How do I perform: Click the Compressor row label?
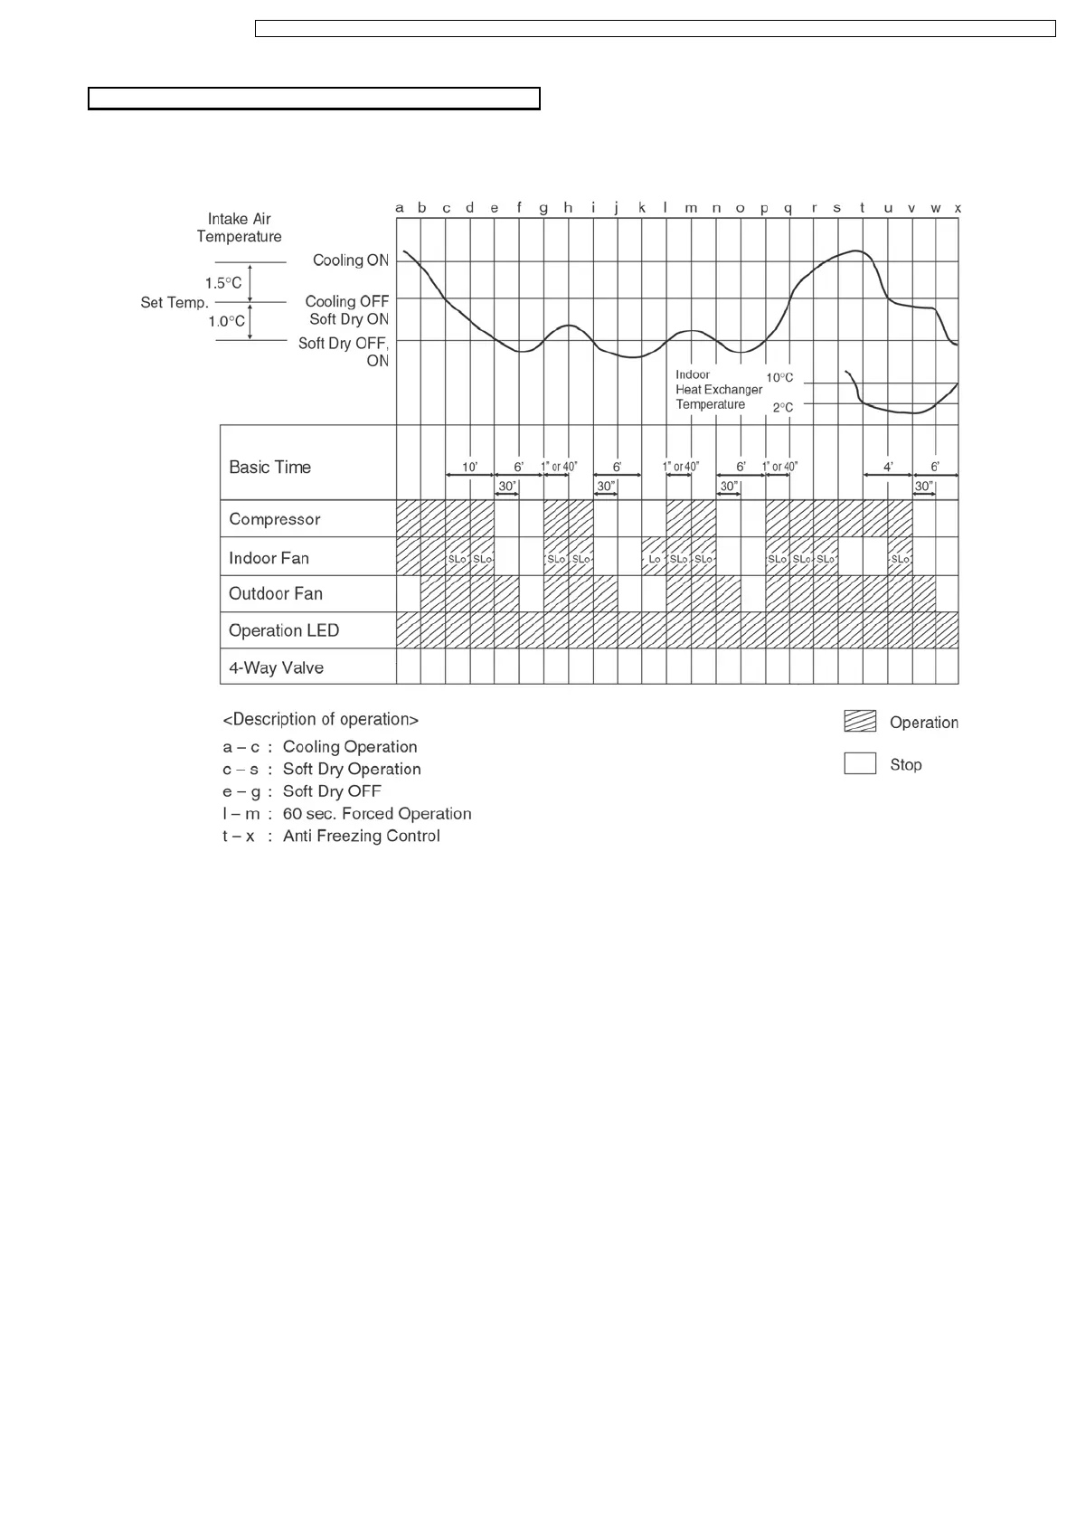(x=274, y=519)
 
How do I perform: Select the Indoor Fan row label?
(x=269, y=558)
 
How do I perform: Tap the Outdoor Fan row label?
(x=275, y=593)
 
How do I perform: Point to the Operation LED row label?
(x=283, y=630)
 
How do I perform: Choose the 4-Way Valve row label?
(x=276, y=667)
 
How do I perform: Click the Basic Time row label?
(x=269, y=467)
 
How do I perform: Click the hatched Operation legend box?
(x=860, y=722)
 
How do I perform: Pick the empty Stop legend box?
(x=860, y=763)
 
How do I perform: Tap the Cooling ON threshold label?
(x=350, y=260)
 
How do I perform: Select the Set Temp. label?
(x=175, y=302)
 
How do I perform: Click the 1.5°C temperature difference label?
(x=223, y=283)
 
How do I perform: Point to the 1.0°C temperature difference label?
(x=226, y=321)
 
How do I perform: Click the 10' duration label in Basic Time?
(x=470, y=467)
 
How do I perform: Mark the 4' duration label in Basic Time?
(x=889, y=467)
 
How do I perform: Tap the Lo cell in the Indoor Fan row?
(x=655, y=559)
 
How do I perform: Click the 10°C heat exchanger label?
(x=779, y=377)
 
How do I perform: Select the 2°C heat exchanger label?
(x=782, y=407)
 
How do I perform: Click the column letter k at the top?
(x=642, y=208)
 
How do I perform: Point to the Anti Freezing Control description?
(x=361, y=836)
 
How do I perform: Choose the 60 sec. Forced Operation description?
(x=376, y=813)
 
